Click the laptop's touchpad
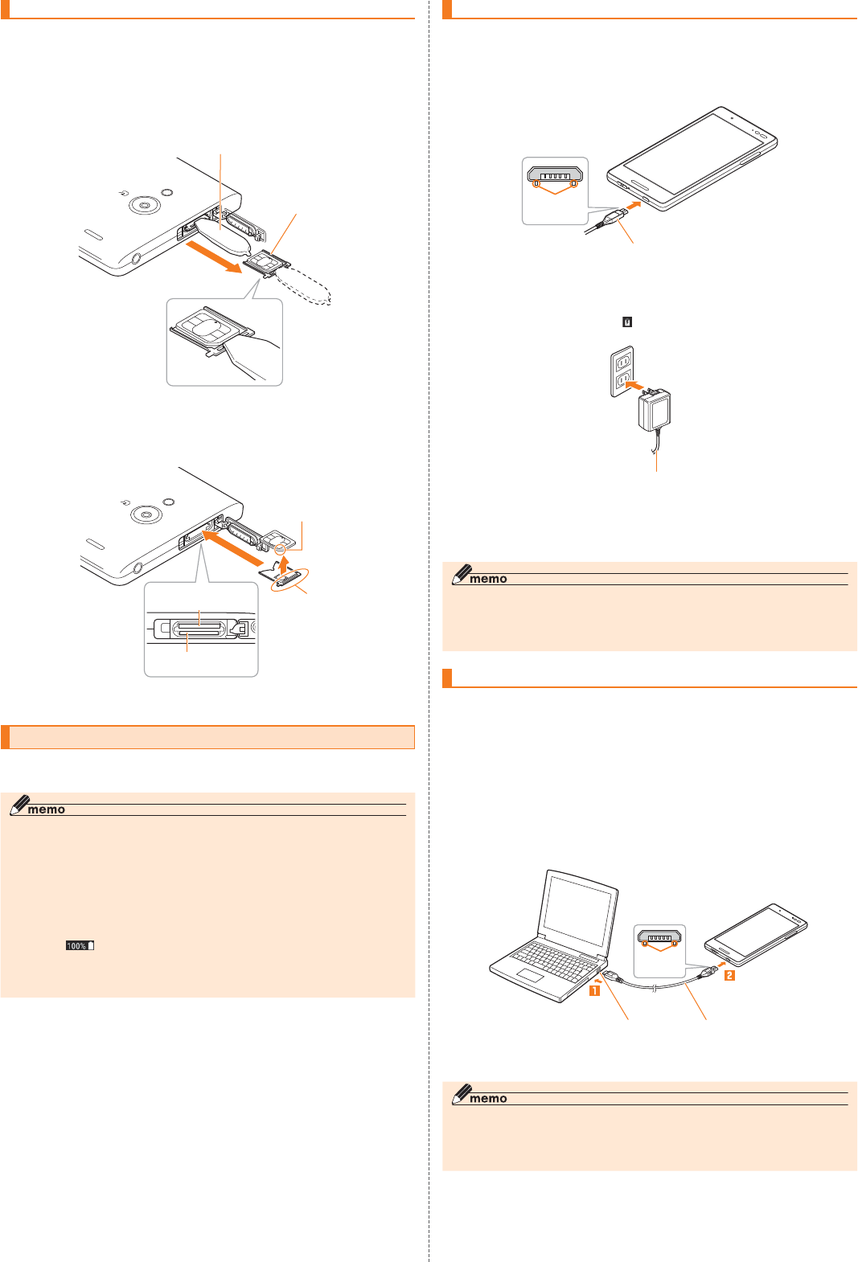coord(530,975)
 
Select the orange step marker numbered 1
coord(594,990)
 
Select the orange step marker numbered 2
coord(729,975)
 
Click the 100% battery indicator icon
coord(80,945)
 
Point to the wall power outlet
coord(622,371)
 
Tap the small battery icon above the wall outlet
coord(627,322)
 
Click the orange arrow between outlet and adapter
coord(634,386)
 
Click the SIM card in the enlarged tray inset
coord(205,326)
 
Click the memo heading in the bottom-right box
coord(487,1098)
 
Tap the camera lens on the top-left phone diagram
coord(144,206)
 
